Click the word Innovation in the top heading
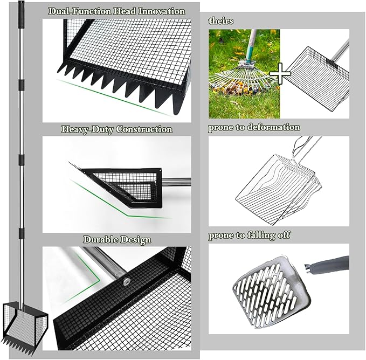(x=162, y=11)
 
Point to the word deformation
(x=274, y=127)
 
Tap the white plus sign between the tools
(x=280, y=73)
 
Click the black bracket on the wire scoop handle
(x=332, y=63)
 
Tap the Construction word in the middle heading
(x=144, y=129)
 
